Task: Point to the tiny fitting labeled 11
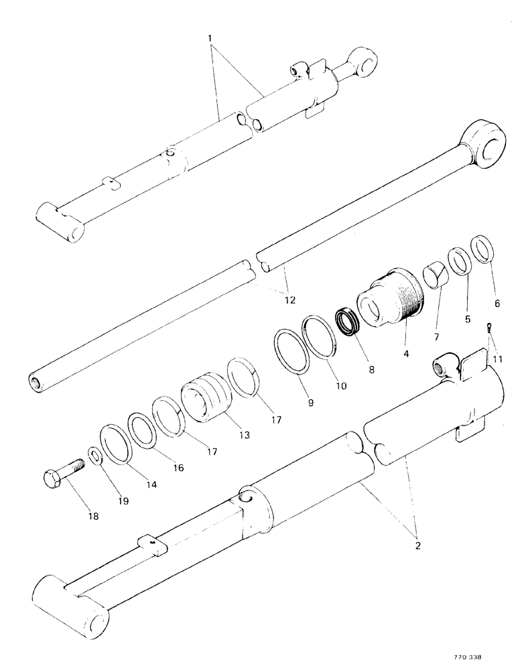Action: (489, 328)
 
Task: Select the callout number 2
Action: (418, 546)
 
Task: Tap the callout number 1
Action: (213, 31)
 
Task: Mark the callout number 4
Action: (405, 348)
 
